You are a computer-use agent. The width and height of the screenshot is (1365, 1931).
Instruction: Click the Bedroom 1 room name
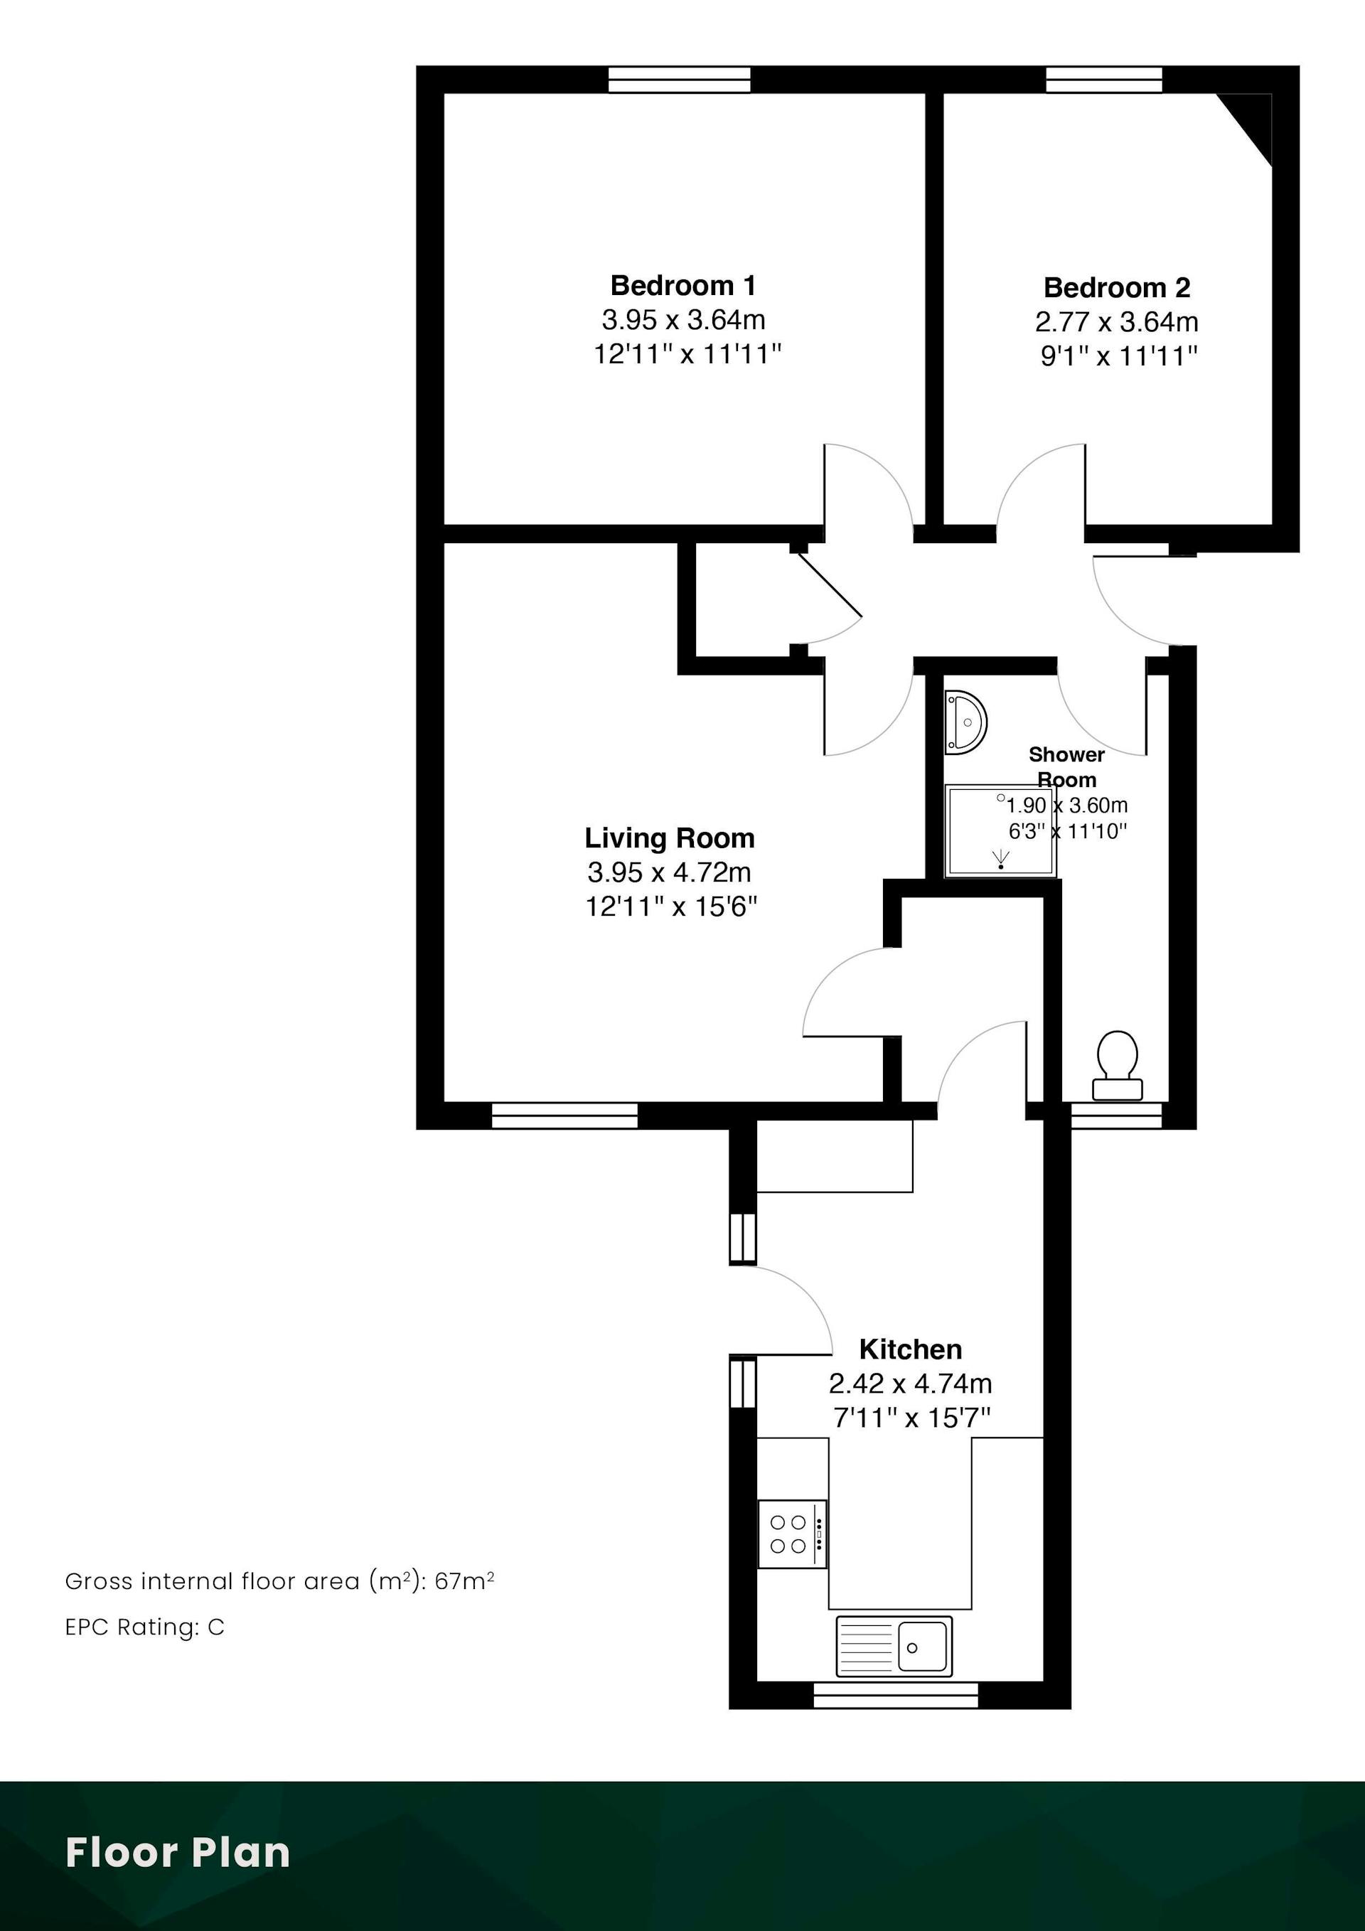[683, 286]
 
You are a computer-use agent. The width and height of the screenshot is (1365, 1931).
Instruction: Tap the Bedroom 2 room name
[1117, 288]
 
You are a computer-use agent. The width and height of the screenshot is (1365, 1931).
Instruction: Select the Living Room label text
[670, 838]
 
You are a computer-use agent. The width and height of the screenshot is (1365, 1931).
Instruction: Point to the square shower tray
[1000, 831]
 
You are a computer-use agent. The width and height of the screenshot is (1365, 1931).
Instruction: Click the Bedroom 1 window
[680, 80]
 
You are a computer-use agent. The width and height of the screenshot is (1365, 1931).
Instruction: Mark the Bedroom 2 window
[1104, 80]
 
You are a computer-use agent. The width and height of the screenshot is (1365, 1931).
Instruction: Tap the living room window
[564, 1116]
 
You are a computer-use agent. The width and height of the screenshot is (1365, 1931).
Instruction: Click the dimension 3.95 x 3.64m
[683, 321]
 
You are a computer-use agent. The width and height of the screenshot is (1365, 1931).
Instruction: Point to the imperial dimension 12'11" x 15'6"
[671, 906]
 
